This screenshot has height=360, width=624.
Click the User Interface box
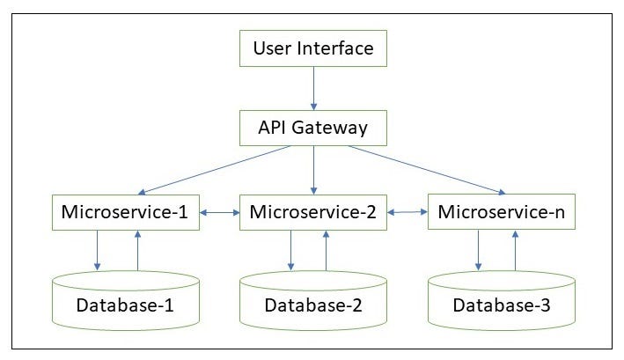tap(312, 48)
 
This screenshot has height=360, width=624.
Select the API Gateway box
tap(312, 129)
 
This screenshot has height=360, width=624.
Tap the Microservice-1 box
tap(125, 212)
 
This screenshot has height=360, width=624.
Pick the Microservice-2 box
tap(313, 212)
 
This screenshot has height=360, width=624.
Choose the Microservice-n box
tap(501, 212)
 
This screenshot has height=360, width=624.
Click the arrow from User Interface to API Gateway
tap(312, 88)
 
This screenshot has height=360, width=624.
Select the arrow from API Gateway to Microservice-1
tap(216, 170)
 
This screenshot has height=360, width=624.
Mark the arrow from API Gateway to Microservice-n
tap(427, 170)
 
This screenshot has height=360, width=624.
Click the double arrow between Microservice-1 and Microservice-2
tap(220, 212)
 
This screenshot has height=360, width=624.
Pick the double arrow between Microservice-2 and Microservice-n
tap(407, 212)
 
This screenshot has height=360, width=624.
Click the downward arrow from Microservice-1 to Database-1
tap(98, 250)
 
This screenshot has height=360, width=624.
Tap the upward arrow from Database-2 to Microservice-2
tap(326, 250)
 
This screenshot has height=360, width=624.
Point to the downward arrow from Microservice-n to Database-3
tap(478, 250)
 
